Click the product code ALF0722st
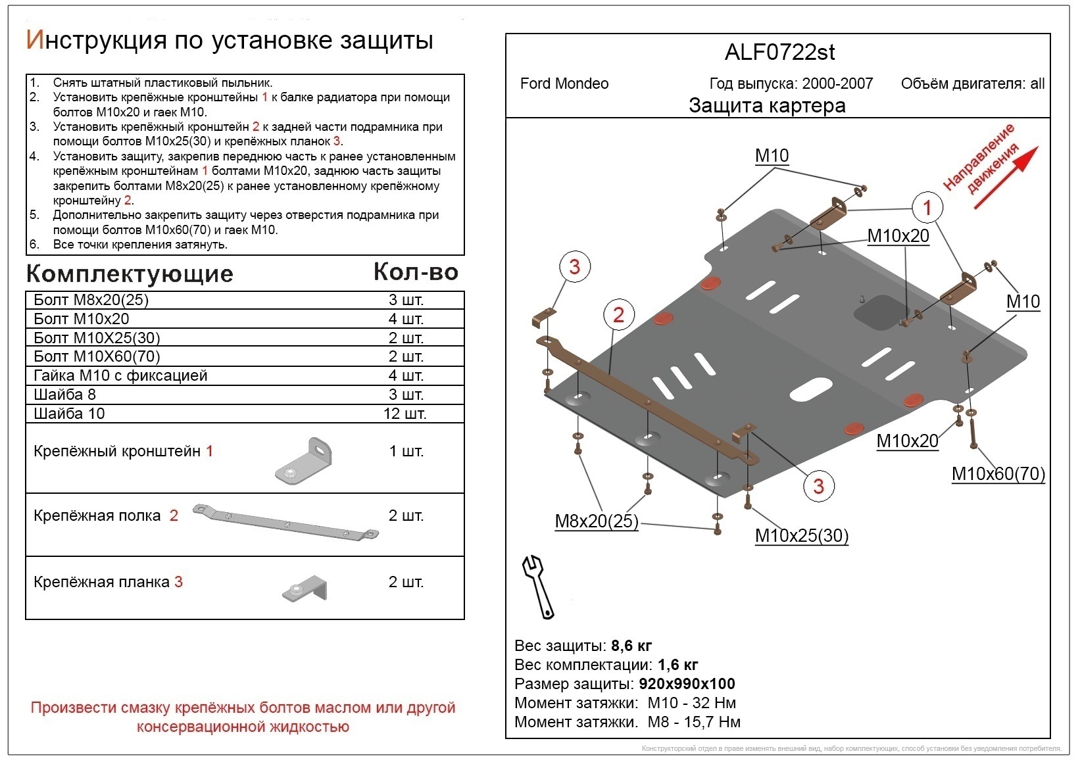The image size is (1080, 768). [779, 53]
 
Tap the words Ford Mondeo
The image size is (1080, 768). [564, 84]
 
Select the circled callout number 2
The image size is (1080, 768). [618, 314]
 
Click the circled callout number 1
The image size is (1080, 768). [927, 208]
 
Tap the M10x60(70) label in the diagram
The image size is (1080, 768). [998, 473]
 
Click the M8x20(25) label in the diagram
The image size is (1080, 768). [597, 521]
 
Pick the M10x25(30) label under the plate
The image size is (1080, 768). [801, 536]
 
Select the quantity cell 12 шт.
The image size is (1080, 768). [405, 414]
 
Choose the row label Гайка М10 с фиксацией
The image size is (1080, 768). [120, 375]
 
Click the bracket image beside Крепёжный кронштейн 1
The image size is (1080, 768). [303, 462]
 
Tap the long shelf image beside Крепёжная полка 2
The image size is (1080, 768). [286, 522]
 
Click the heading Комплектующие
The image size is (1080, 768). [130, 274]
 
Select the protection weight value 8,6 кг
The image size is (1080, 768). [631, 645]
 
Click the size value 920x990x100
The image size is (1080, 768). [687, 684]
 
